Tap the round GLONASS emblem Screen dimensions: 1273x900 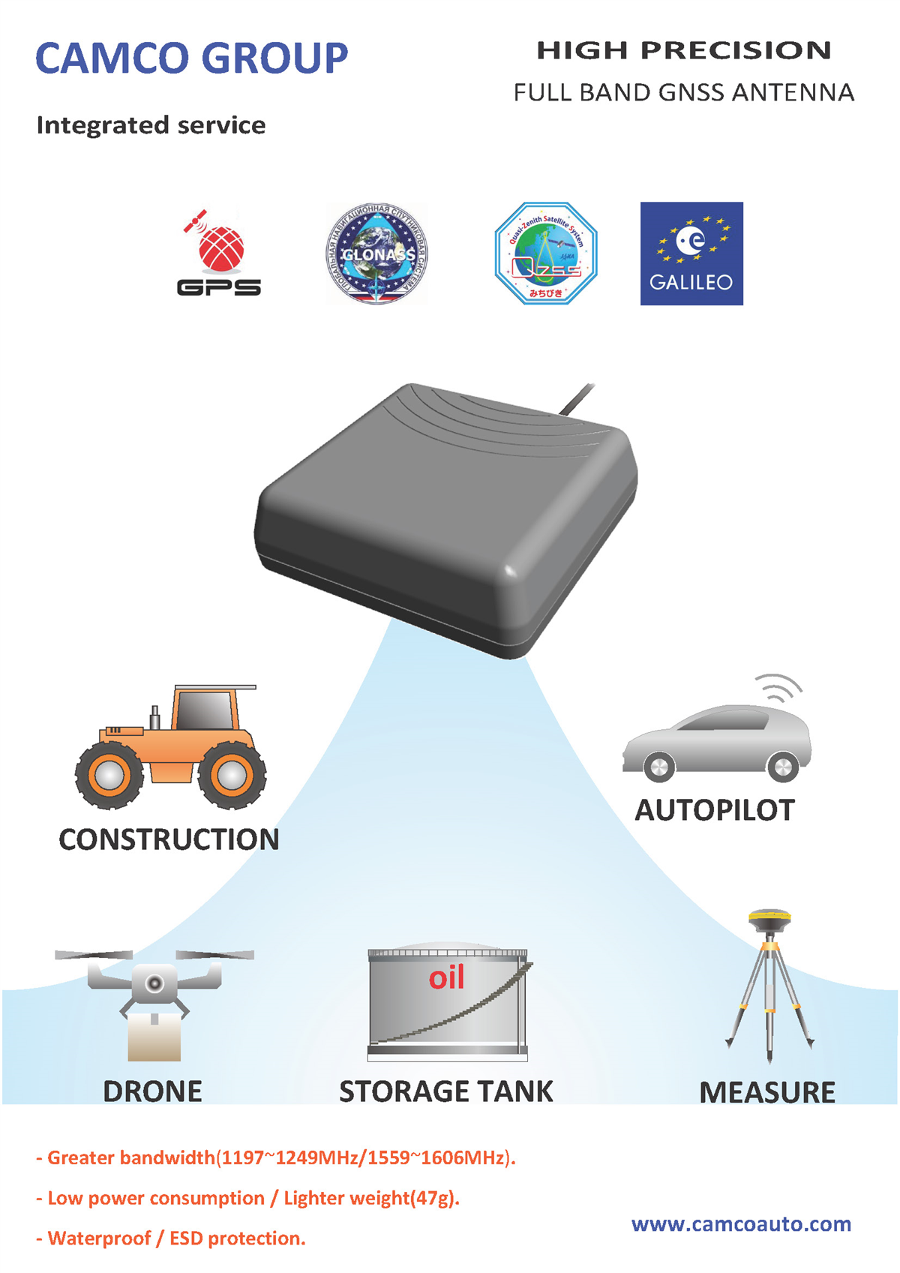click(x=376, y=254)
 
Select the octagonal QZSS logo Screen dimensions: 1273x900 click(x=545, y=254)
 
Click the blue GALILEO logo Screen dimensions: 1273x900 click(x=691, y=254)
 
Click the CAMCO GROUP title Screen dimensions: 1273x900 click(x=192, y=59)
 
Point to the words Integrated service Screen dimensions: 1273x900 click(x=151, y=125)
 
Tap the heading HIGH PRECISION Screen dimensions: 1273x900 click(x=683, y=50)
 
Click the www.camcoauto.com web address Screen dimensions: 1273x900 click(x=741, y=1223)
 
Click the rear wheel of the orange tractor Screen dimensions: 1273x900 click(x=231, y=775)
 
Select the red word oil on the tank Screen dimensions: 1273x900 click(x=446, y=977)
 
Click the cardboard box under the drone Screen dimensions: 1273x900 click(x=154, y=1038)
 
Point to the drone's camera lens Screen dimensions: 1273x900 click(x=154, y=983)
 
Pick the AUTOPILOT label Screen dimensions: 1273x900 click(x=715, y=811)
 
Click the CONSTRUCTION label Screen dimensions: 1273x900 click(x=169, y=840)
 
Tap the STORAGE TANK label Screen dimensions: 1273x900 click(x=446, y=1091)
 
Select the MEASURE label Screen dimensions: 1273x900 click(x=767, y=1093)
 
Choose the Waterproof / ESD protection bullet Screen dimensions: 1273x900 click(x=171, y=1238)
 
